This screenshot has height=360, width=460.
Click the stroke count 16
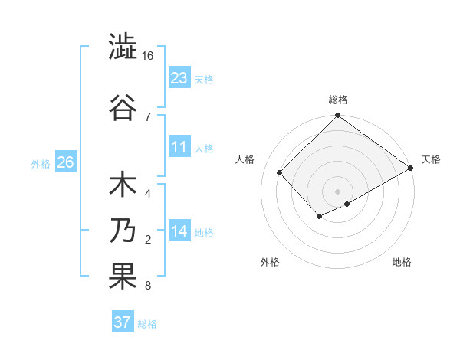click(148, 57)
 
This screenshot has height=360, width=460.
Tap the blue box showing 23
click(179, 77)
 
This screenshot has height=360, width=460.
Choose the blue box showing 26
click(65, 162)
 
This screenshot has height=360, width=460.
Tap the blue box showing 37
click(122, 322)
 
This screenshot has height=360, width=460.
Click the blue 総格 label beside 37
click(147, 324)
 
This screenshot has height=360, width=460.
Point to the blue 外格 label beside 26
click(41, 163)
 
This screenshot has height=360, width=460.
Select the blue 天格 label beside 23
click(204, 79)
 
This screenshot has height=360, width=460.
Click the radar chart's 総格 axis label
click(337, 100)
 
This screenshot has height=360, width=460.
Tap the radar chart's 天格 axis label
click(431, 159)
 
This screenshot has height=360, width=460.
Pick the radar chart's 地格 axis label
click(402, 262)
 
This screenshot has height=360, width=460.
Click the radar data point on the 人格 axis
click(280, 172)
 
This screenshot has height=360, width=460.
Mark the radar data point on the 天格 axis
click(411, 169)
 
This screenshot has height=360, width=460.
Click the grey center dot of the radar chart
click(337, 191)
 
